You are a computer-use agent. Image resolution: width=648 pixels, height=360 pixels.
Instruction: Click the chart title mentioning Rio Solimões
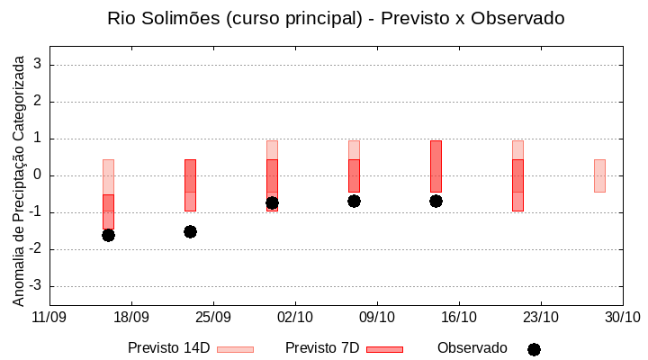point(336,18)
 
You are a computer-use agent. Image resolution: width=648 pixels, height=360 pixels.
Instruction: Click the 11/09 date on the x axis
point(49,317)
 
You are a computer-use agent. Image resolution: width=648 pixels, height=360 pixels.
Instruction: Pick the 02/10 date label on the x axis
point(295,317)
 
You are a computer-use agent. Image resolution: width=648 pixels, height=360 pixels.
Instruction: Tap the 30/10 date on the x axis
point(622,317)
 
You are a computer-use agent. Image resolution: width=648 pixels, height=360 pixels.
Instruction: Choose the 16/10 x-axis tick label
point(459,317)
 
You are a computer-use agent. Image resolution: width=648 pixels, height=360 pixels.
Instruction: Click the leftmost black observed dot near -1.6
point(108,235)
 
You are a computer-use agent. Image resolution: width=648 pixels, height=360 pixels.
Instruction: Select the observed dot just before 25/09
point(190,231)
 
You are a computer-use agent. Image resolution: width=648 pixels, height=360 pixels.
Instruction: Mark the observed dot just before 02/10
point(272,202)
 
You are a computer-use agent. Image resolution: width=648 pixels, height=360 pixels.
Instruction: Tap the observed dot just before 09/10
point(354,201)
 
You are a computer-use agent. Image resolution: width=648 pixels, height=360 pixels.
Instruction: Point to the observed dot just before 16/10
point(436,201)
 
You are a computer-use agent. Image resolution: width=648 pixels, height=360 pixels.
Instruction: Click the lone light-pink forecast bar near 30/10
point(599,175)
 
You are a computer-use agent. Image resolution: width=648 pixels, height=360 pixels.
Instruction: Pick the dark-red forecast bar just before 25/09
point(190,184)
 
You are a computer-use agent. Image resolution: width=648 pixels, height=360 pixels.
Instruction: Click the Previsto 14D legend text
point(168,348)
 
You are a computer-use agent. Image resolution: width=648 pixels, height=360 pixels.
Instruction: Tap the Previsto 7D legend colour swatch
point(384,349)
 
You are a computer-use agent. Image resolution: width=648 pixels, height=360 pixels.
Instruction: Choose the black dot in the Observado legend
point(534,349)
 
